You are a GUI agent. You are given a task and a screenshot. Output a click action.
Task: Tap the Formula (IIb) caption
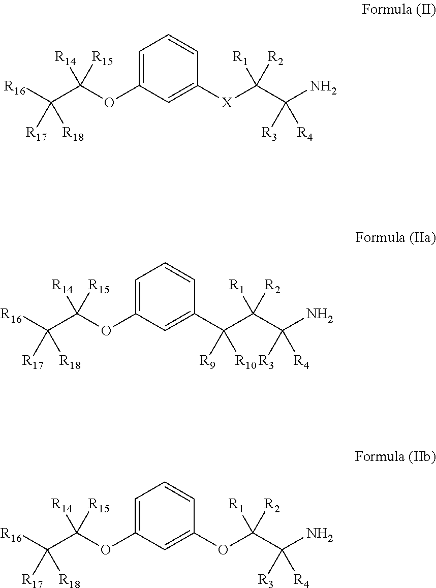pyautogui.click(x=395, y=457)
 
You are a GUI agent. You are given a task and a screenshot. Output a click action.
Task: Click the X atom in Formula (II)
pyautogui.click(x=227, y=103)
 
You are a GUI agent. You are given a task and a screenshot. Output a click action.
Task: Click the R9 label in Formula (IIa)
pyautogui.click(x=207, y=362)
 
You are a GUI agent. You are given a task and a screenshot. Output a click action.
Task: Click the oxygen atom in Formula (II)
pyautogui.click(x=109, y=103)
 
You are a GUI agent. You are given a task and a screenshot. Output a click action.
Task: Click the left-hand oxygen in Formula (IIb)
pyautogui.click(x=106, y=549)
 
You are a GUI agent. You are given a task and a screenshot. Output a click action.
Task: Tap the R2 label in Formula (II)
pyautogui.click(x=276, y=59)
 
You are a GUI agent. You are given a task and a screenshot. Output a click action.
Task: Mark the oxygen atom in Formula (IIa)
pyautogui.click(x=106, y=331)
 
